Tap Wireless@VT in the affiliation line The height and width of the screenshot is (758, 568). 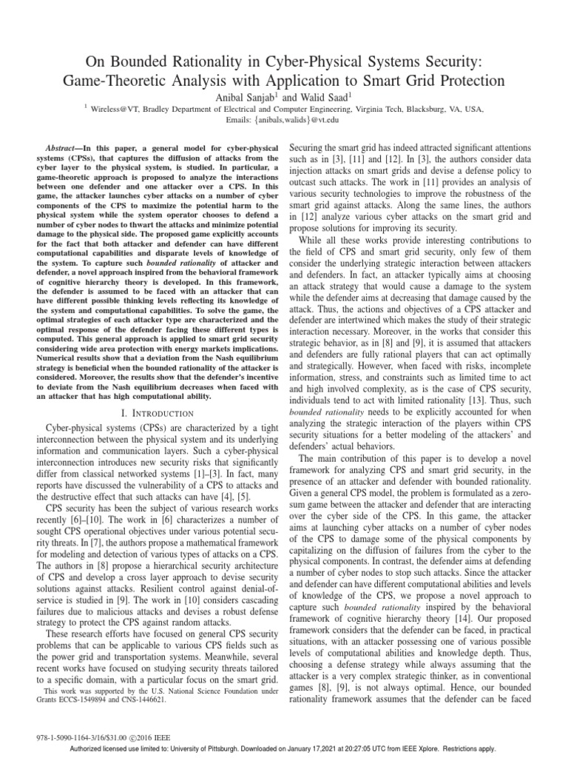[x=115, y=108]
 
